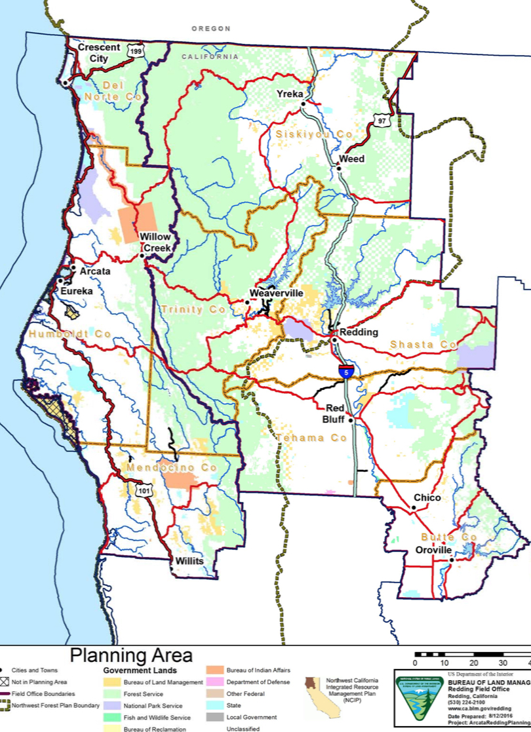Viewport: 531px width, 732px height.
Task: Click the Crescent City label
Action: [x=99, y=52]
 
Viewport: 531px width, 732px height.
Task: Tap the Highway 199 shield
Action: [x=136, y=52]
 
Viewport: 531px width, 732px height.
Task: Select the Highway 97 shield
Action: [x=382, y=121]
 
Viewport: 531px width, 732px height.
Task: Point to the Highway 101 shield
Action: [x=143, y=490]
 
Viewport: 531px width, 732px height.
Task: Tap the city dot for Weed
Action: [x=339, y=168]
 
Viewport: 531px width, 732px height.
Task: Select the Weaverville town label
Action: [x=277, y=293]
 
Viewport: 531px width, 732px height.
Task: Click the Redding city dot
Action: [x=334, y=340]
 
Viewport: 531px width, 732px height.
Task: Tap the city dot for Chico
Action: [x=414, y=508]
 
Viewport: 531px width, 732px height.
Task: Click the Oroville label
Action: [x=434, y=550]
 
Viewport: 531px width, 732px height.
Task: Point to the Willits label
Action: [x=189, y=562]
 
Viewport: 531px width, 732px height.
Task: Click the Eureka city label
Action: [x=77, y=290]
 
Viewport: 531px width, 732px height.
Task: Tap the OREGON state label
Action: [x=211, y=29]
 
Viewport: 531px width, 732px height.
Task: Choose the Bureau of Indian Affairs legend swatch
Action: [x=216, y=670]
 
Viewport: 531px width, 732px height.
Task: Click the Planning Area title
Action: [x=131, y=655]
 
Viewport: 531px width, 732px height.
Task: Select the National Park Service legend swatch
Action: [x=112, y=705]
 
